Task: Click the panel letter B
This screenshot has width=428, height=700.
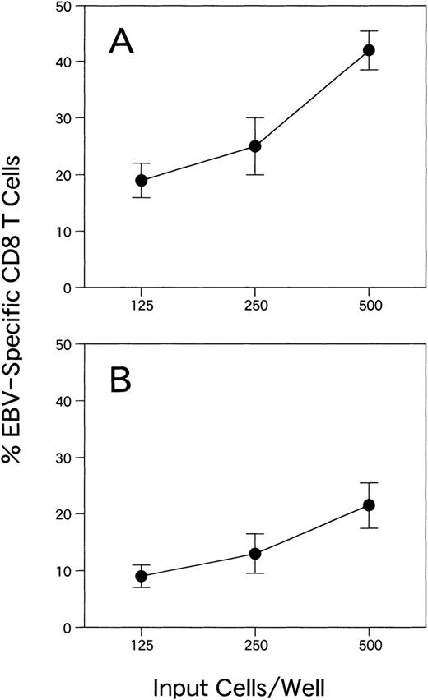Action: (x=124, y=383)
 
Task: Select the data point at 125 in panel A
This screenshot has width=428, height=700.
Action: (x=142, y=180)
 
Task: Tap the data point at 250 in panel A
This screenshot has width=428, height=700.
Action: (x=255, y=146)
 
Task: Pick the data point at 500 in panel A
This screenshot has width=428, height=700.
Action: (x=369, y=50)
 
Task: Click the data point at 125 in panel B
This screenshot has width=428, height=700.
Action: (x=142, y=576)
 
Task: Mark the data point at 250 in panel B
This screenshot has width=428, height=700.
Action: (x=255, y=553)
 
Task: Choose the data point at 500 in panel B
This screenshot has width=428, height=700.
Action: (x=369, y=504)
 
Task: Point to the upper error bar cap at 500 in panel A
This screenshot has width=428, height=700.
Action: (x=369, y=31)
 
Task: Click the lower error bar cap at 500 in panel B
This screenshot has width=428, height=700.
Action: (x=369, y=528)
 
